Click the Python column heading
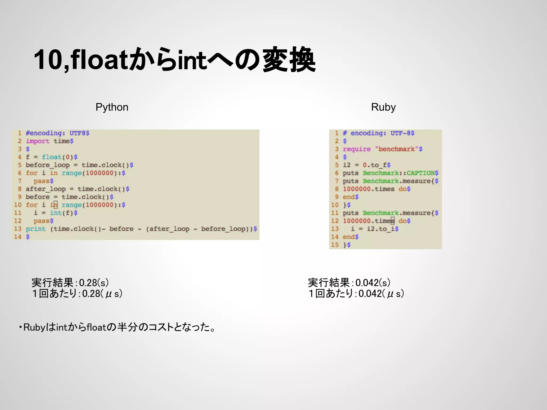(x=112, y=107)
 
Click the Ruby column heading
(x=383, y=107)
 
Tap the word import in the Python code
(x=37, y=141)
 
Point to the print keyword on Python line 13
(x=36, y=229)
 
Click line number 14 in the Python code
(x=18, y=237)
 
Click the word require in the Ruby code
(x=357, y=149)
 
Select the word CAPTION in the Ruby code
(x=420, y=173)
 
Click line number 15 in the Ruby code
(x=335, y=245)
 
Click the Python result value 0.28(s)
(x=94, y=283)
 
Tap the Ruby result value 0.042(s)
(x=373, y=283)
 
